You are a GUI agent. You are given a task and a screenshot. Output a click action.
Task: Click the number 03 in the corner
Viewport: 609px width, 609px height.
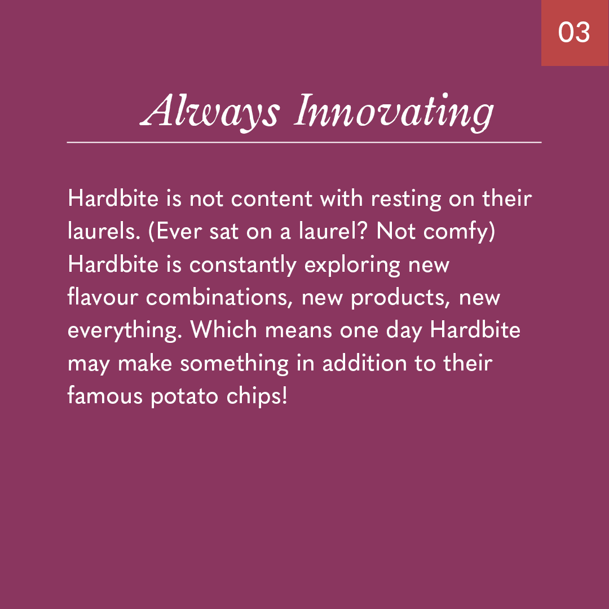pos(574,32)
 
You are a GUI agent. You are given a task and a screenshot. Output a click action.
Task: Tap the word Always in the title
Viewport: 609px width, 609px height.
pos(209,112)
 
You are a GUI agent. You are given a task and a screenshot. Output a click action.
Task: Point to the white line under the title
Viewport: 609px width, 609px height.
pos(304,143)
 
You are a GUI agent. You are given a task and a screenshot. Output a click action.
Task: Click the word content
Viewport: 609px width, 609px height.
pos(271,198)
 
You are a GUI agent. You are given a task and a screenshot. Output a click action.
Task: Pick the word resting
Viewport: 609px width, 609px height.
pos(406,200)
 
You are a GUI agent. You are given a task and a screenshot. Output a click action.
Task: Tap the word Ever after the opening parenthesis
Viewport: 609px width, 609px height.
pos(179,232)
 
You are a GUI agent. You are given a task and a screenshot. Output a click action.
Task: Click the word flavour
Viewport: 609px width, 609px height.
pos(103,297)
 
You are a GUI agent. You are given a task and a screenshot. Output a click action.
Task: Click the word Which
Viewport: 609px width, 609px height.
pos(223,330)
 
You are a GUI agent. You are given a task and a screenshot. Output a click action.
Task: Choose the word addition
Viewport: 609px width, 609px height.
pos(365,363)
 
